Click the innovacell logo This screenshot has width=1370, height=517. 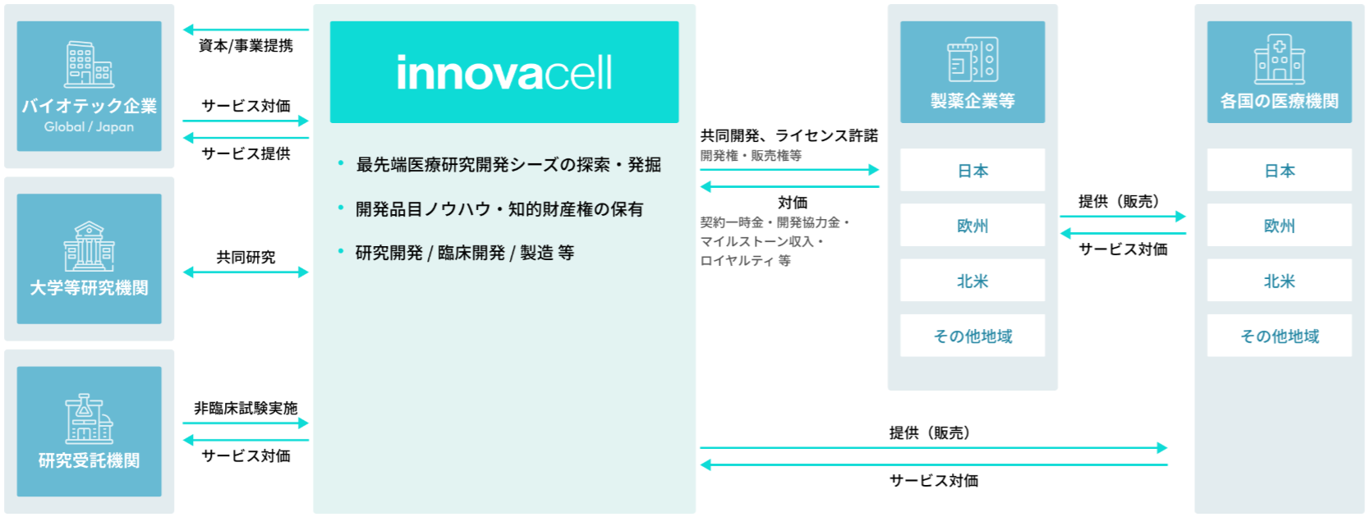504,73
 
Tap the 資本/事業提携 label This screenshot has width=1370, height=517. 246,46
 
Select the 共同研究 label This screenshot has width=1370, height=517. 246,258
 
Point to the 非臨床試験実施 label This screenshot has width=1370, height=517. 246,408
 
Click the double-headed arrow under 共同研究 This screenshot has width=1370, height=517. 246,272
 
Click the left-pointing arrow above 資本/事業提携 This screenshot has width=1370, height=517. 246,30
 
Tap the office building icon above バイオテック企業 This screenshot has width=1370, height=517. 90,64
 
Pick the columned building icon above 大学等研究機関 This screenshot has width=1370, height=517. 90,245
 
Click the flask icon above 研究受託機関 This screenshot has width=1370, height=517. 90,419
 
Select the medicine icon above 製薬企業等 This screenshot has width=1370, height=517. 972,59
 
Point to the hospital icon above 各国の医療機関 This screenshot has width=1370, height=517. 1280,58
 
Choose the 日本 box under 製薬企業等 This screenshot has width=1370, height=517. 972,170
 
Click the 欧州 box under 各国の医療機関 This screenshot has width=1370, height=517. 1280,225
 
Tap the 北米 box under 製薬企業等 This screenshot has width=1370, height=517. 972,281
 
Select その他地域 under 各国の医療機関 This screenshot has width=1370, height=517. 1280,336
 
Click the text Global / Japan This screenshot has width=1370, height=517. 90,127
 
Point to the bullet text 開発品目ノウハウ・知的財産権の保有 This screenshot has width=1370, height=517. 499,209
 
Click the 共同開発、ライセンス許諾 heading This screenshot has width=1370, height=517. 789,135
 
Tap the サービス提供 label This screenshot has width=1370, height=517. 246,153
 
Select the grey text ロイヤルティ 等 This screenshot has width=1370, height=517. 746,260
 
